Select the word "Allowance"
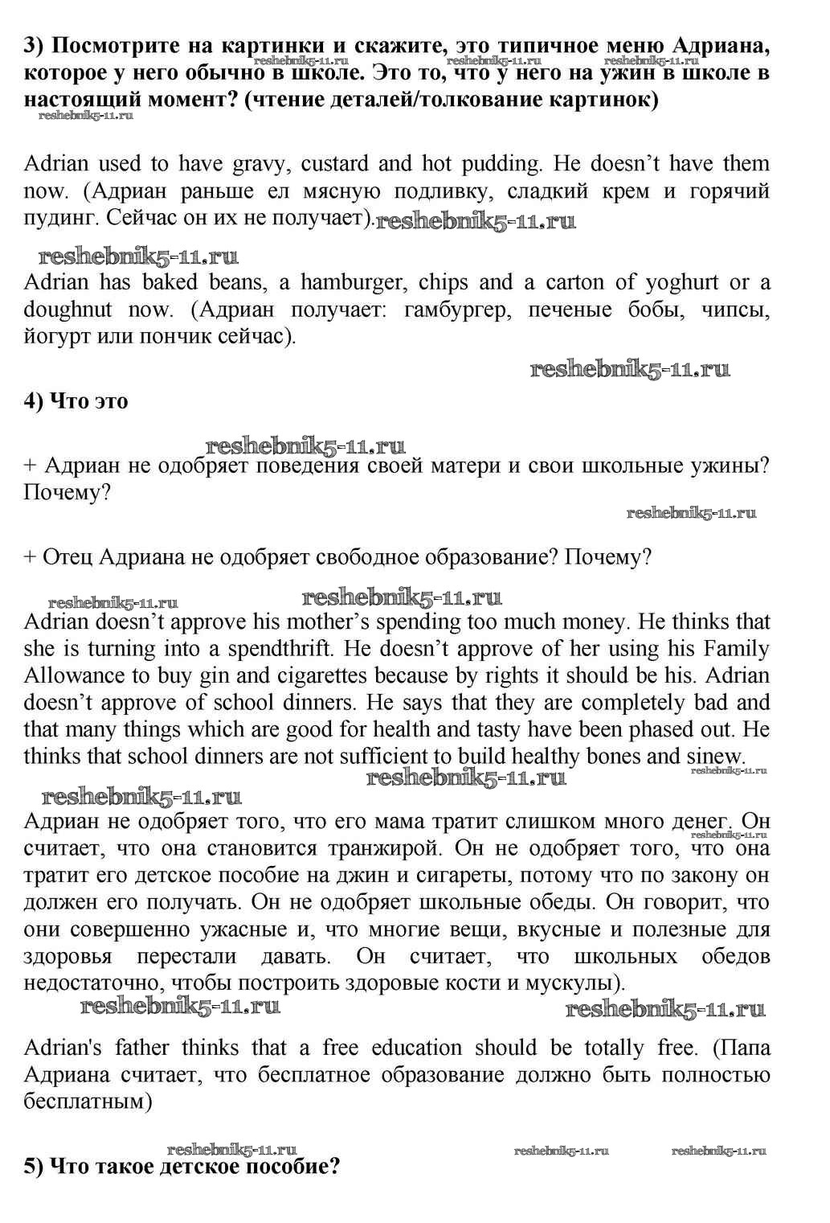coord(72,676)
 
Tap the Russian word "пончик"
coord(181,337)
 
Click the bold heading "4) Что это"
coord(76,401)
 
